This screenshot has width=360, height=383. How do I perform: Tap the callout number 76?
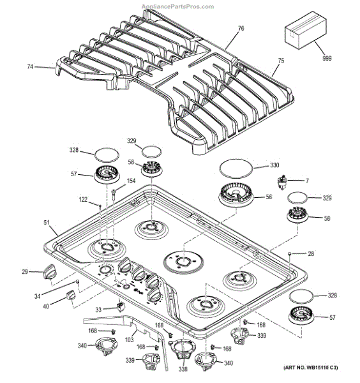point(241,28)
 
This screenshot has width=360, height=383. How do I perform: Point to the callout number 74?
point(30,66)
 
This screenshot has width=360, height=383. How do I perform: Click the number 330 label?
point(274,165)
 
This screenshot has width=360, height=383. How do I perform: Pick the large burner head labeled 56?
point(237,192)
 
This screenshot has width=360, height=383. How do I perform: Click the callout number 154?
point(131,182)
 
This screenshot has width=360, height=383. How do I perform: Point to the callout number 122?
point(84,200)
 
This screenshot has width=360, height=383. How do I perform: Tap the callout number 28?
point(311,254)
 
